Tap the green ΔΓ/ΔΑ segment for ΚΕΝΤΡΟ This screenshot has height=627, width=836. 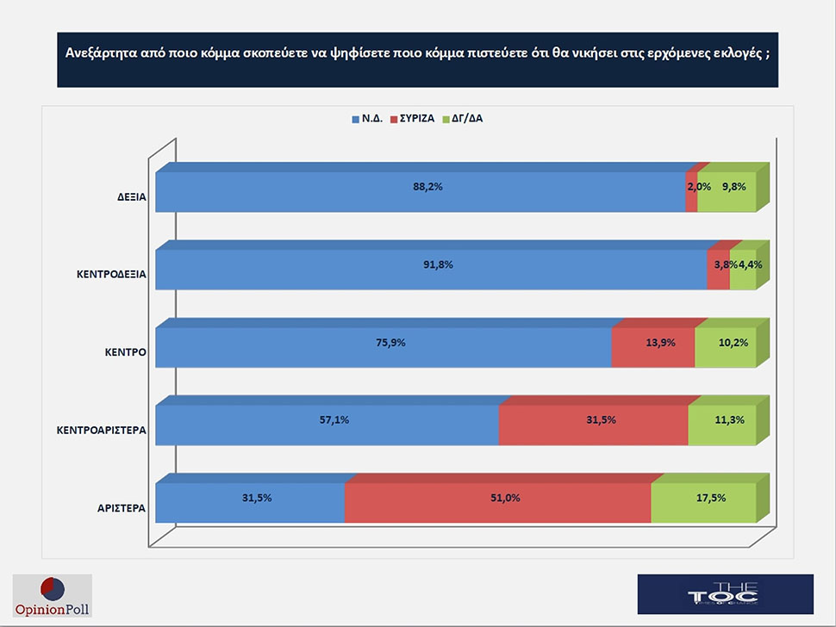click(x=726, y=353)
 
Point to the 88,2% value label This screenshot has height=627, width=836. click(x=427, y=187)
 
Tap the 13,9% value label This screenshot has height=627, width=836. click(x=659, y=342)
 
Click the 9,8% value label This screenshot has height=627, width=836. click(x=733, y=187)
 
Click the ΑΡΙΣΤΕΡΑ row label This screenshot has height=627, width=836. click(x=121, y=508)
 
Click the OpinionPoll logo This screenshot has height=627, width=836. click(x=53, y=595)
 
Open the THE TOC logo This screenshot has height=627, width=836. click(x=725, y=593)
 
